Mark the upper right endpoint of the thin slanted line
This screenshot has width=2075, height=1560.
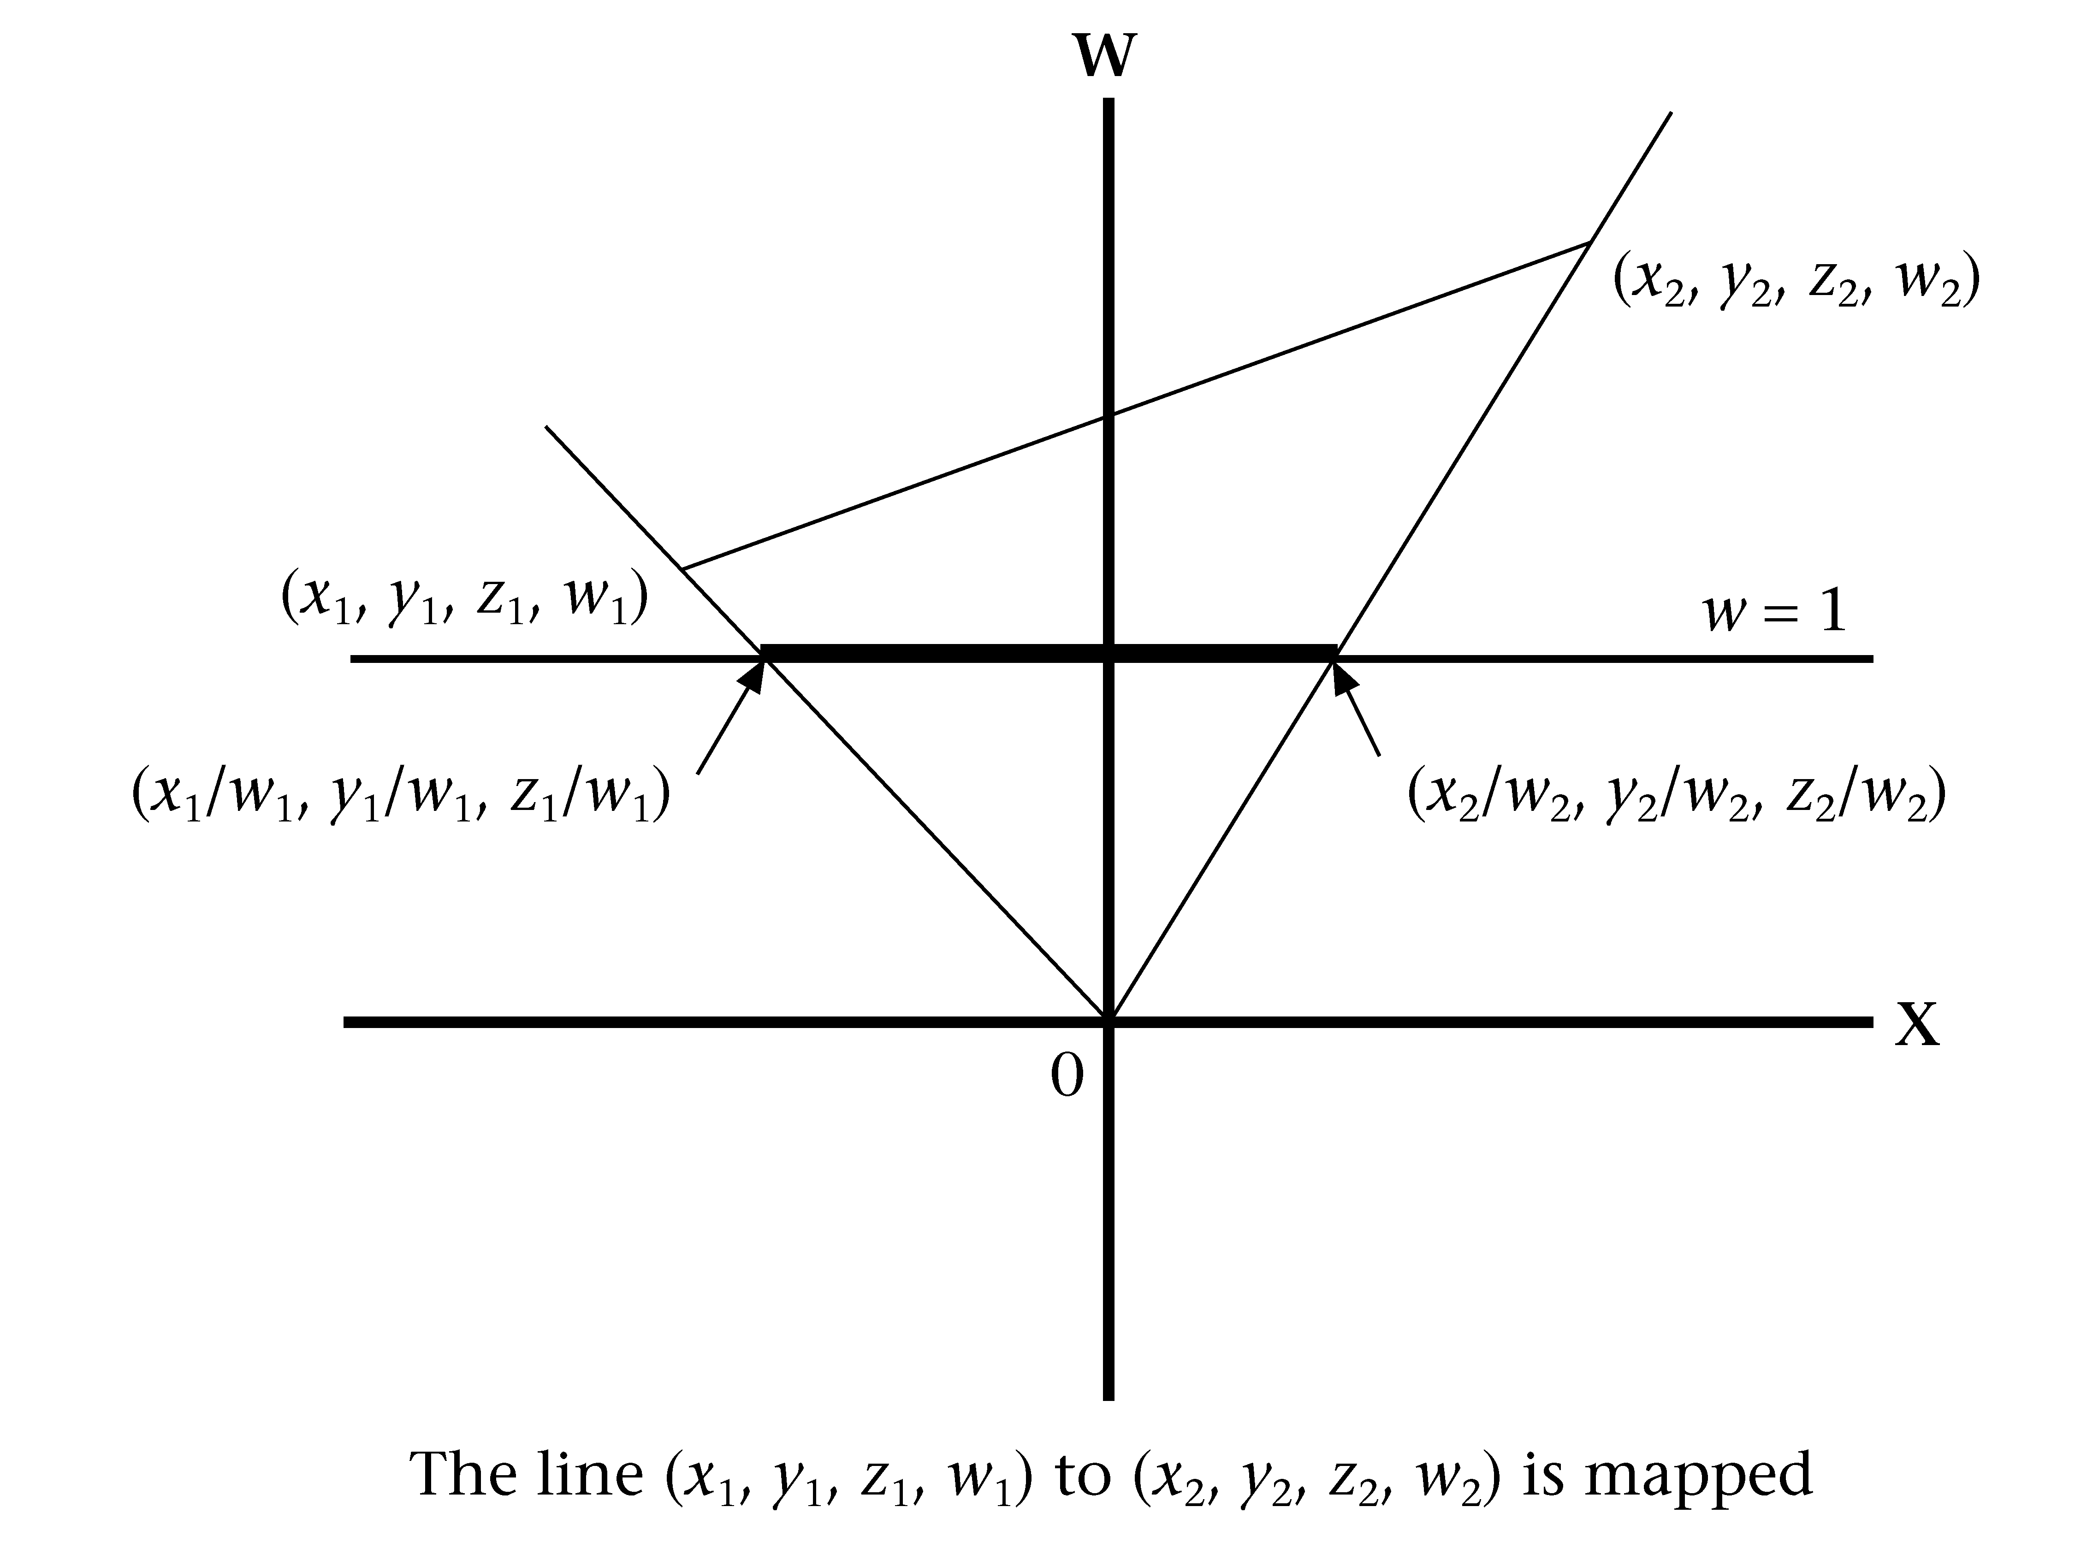coord(1589,242)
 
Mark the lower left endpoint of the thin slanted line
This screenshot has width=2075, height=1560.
coord(683,568)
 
